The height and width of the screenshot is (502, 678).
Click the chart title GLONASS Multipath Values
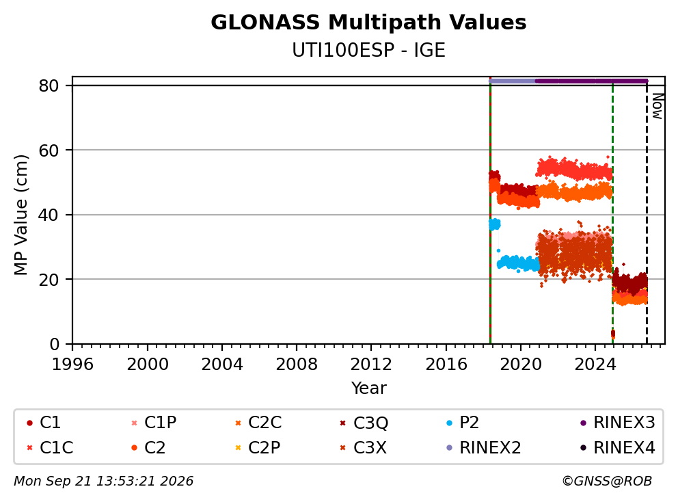point(368,23)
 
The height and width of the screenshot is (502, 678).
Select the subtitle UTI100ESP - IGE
point(368,51)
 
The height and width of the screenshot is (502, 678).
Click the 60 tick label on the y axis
point(49,150)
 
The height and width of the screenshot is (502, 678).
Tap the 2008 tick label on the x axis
point(297,365)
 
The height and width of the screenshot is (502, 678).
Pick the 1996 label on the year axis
point(72,365)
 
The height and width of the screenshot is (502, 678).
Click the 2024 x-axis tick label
point(595,365)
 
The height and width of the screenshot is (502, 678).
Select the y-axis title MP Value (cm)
point(21,215)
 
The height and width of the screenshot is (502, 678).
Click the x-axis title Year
point(368,388)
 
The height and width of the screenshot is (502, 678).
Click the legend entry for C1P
point(154,423)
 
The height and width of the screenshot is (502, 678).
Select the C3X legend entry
point(364,447)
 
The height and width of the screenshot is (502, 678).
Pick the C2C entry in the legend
point(258,423)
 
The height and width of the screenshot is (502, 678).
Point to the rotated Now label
point(657,106)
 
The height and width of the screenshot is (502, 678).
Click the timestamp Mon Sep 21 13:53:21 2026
point(104,481)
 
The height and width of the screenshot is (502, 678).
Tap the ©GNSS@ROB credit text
point(607,481)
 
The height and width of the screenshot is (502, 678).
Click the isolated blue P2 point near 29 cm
point(498,250)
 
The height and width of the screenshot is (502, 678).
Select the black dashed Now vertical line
point(647,213)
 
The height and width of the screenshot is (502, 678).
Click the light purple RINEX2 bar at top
point(513,81)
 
